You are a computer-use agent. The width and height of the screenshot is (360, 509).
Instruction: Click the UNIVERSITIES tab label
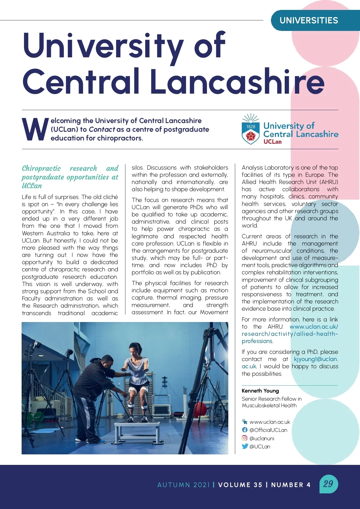click(309, 20)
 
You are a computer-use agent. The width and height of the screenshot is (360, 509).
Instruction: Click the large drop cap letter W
click(35, 130)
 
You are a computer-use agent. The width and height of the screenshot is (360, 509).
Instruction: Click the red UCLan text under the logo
click(272, 142)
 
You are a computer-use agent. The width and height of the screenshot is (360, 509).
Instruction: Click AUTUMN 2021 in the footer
click(183, 485)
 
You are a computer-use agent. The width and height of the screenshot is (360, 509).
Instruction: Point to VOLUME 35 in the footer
click(240, 485)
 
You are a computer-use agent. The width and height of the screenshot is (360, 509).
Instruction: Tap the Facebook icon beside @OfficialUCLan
click(245, 430)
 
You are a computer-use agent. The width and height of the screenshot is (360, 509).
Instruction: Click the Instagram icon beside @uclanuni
click(245, 438)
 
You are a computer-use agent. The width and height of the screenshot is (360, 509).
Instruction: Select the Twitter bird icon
click(245, 446)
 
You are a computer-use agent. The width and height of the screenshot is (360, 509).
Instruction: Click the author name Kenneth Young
click(260, 390)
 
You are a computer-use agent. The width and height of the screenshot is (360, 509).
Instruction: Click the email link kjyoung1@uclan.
click(316, 359)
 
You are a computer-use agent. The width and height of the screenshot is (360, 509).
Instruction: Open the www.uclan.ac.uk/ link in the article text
click(313, 327)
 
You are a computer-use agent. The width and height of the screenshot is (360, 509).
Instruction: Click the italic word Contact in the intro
click(102, 129)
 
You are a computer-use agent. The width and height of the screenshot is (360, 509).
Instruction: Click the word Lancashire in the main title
click(237, 81)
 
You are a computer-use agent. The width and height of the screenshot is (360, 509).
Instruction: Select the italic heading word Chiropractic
click(41, 168)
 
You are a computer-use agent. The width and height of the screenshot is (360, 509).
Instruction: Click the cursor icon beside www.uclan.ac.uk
click(245, 421)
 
